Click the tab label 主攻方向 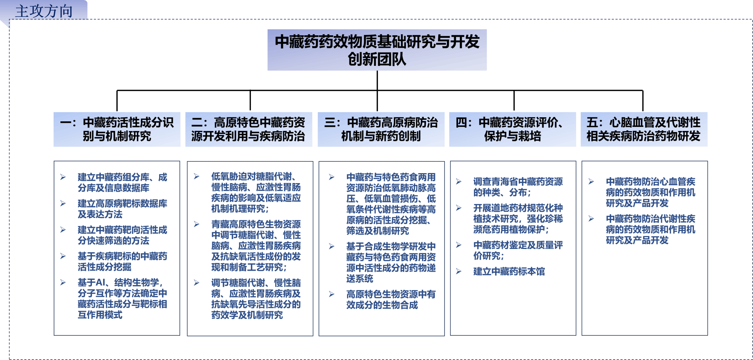44,11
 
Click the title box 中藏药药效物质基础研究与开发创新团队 377,50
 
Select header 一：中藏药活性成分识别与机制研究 117,129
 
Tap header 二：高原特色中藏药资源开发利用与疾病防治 249,129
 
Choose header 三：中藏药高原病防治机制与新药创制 381,129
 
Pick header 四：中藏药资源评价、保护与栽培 512,129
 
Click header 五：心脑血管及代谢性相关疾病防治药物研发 644,129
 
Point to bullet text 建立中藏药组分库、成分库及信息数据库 122,183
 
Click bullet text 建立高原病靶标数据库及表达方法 122,209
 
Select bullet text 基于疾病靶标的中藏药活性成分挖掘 122,261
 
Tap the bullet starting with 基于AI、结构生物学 122,299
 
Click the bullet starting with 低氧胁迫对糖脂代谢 256,193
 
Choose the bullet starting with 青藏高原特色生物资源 256,246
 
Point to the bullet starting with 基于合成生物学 391,263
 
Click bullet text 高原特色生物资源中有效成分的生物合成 391,299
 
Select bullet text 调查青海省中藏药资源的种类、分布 518,187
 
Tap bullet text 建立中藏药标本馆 509,271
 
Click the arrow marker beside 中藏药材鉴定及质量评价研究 458,245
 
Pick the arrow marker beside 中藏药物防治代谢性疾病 591,219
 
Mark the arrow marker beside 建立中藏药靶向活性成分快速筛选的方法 63,230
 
